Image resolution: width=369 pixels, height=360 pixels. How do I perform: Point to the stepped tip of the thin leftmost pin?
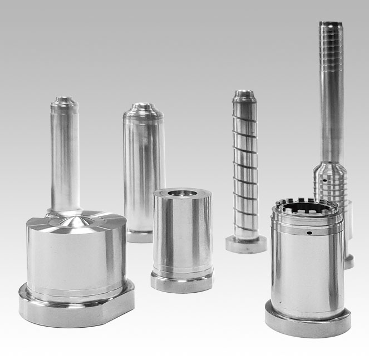coord(65,102)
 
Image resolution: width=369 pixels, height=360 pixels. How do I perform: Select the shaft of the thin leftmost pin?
coord(65,156)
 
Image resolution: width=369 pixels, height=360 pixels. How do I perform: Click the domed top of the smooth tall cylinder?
coord(143,107)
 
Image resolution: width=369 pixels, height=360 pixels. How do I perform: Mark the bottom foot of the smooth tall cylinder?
coord(139,236)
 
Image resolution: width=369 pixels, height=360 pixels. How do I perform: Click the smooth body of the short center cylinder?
coord(181,234)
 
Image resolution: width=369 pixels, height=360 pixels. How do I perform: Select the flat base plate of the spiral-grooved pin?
coord(245,244)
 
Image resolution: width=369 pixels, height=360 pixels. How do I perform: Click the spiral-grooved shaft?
coord(245,167)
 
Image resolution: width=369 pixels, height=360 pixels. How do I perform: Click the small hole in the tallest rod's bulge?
coord(324,180)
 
